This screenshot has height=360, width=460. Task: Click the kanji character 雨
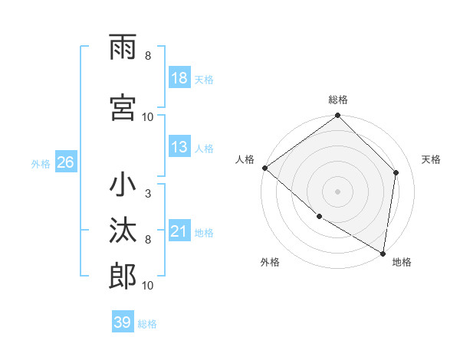point(123,49)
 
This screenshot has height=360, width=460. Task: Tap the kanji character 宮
point(123,107)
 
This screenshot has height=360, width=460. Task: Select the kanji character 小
point(123,185)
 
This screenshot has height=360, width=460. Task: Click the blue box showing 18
point(179,79)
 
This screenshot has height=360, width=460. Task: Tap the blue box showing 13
point(179,148)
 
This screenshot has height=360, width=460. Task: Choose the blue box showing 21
point(179,231)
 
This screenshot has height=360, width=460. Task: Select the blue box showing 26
point(65,162)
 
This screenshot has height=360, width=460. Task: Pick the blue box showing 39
point(123,322)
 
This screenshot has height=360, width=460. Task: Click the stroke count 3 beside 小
point(147,193)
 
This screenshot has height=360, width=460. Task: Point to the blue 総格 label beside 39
point(147,323)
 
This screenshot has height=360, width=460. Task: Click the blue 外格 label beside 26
point(41,163)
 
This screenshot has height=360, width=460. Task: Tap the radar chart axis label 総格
point(338,100)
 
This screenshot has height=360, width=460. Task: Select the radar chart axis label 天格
point(431,159)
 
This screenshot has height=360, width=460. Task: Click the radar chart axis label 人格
point(245,159)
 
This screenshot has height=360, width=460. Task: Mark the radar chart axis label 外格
point(269,262)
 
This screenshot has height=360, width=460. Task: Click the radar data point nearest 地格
point(383,253)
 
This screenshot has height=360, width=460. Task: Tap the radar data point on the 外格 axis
point(319,217)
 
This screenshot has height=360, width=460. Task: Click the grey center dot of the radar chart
point(337,191)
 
